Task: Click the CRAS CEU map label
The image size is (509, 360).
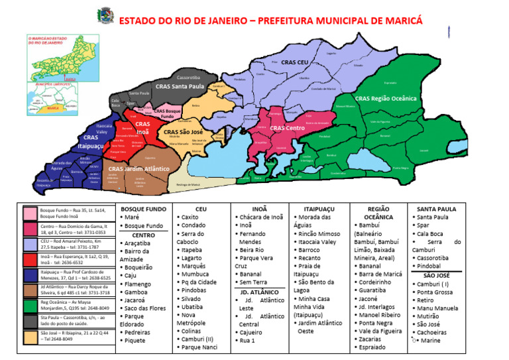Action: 295,62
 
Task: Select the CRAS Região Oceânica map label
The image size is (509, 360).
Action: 386,99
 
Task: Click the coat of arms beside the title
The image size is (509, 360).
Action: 105,14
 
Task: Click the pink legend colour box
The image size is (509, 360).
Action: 30,213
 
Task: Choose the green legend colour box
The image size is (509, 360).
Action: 30,304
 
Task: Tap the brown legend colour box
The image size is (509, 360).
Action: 30,289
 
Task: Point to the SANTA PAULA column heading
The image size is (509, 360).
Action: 435,208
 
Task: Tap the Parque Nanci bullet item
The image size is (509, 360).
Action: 199,347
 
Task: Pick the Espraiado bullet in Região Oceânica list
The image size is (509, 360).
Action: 376,347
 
